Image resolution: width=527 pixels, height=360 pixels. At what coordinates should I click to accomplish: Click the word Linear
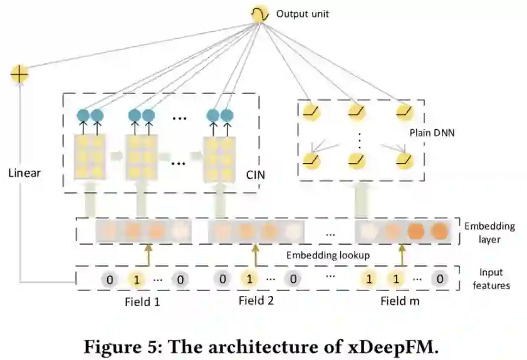coord(24,172)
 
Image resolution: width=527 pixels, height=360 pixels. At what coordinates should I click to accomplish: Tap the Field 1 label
coord(142,301)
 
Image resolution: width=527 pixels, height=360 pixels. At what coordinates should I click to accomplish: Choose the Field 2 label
coord(256,300)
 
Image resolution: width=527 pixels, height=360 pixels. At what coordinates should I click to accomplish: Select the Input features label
coord(494,279)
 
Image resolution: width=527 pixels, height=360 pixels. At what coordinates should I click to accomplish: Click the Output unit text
coord(303,13)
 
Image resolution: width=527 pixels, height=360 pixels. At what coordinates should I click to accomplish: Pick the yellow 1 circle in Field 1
coord(138,279)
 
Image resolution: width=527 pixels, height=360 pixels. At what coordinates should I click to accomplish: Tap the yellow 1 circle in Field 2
coord(249,278)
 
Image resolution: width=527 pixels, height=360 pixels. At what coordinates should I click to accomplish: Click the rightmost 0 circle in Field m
coord(441,278)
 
